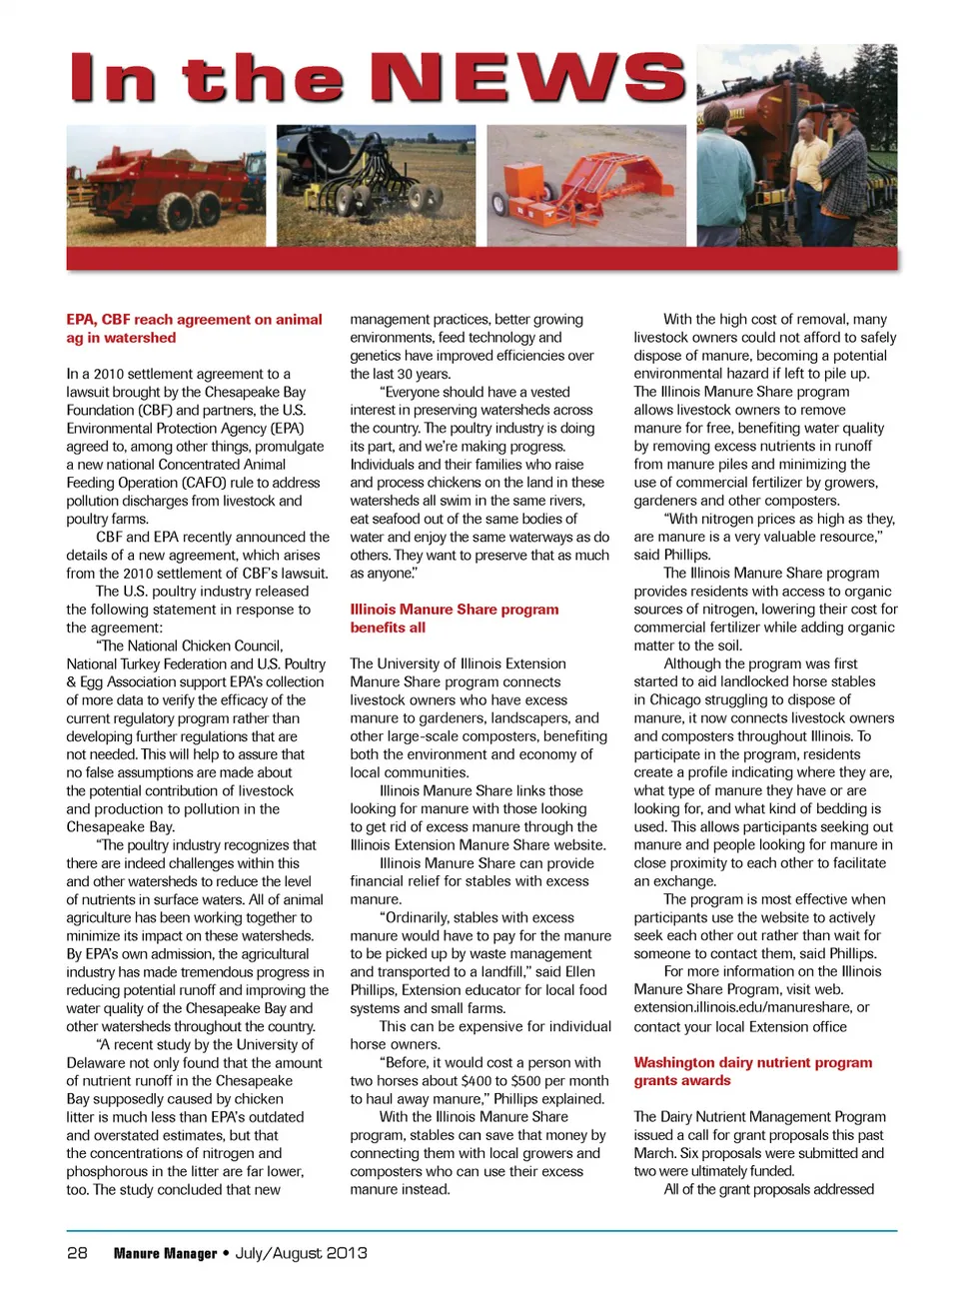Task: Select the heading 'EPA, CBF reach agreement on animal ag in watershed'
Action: pos(194,329)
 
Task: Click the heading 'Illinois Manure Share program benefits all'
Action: pos(454,619)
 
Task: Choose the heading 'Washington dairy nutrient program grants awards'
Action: pos(752,1071)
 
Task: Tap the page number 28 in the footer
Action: pos(77,1253)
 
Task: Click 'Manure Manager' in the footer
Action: pos(165,1253)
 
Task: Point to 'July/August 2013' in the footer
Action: pos(301,1253)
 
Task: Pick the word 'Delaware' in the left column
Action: pos(96,1063)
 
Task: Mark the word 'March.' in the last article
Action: pos(656,1153)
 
